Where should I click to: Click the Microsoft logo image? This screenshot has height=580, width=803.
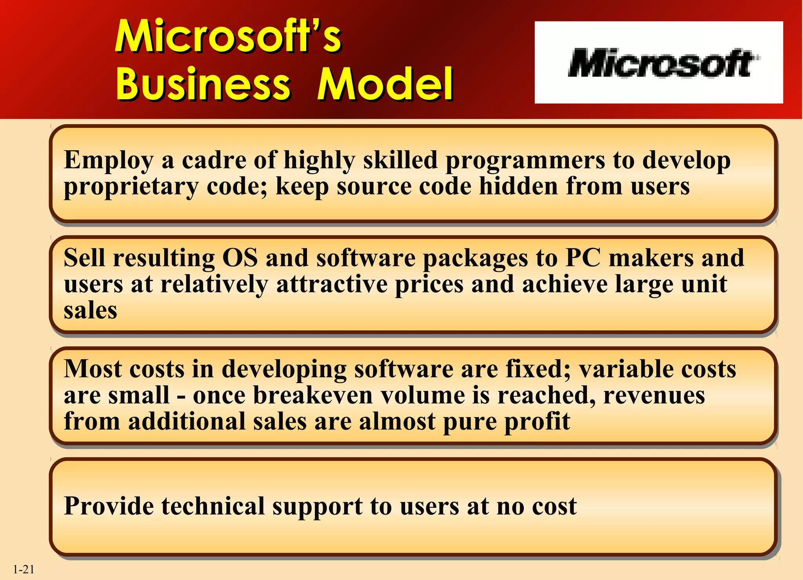tap(659, 63)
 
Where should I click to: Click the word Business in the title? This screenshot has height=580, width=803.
tap(203, 84)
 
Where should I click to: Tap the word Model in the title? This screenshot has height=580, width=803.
tap(385, 84)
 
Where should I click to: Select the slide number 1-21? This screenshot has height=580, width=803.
tap(24, 569)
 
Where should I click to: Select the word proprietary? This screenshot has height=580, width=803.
tap(131, 187)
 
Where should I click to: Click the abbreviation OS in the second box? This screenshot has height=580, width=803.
tap(240, 258)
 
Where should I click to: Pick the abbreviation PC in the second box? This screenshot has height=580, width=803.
tap(583, 258)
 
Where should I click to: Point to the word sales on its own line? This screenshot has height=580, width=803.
tap(90, 311)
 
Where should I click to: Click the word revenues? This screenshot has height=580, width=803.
tap(654, 395)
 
